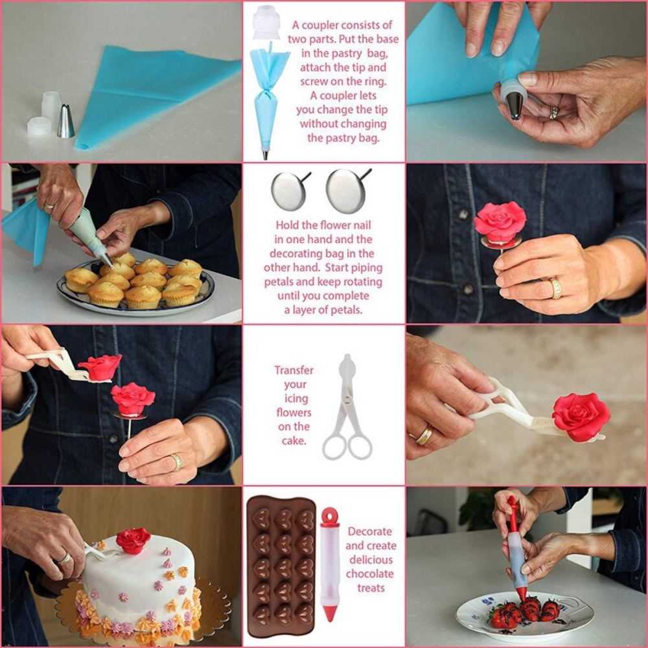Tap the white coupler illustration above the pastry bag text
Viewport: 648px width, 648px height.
point(266,22)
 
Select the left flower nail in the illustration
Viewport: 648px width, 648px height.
point(291,191)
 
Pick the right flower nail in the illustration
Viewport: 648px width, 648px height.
point(348,191)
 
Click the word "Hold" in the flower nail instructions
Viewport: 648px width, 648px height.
point(287,226)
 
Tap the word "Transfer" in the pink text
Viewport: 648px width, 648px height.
point(294,370)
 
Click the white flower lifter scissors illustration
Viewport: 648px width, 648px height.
point(347,407)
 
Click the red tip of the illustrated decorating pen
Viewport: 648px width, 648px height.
point(330,612)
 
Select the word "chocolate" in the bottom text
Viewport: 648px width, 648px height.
point(370,574)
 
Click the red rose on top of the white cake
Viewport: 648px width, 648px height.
point(133,540)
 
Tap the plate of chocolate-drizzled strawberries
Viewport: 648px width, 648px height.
point(524,617)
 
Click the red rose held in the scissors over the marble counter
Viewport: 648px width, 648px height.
point(581,417)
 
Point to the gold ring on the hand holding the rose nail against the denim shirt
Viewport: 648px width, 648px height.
point(555,288)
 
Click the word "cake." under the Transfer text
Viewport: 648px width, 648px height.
point(294,441)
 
